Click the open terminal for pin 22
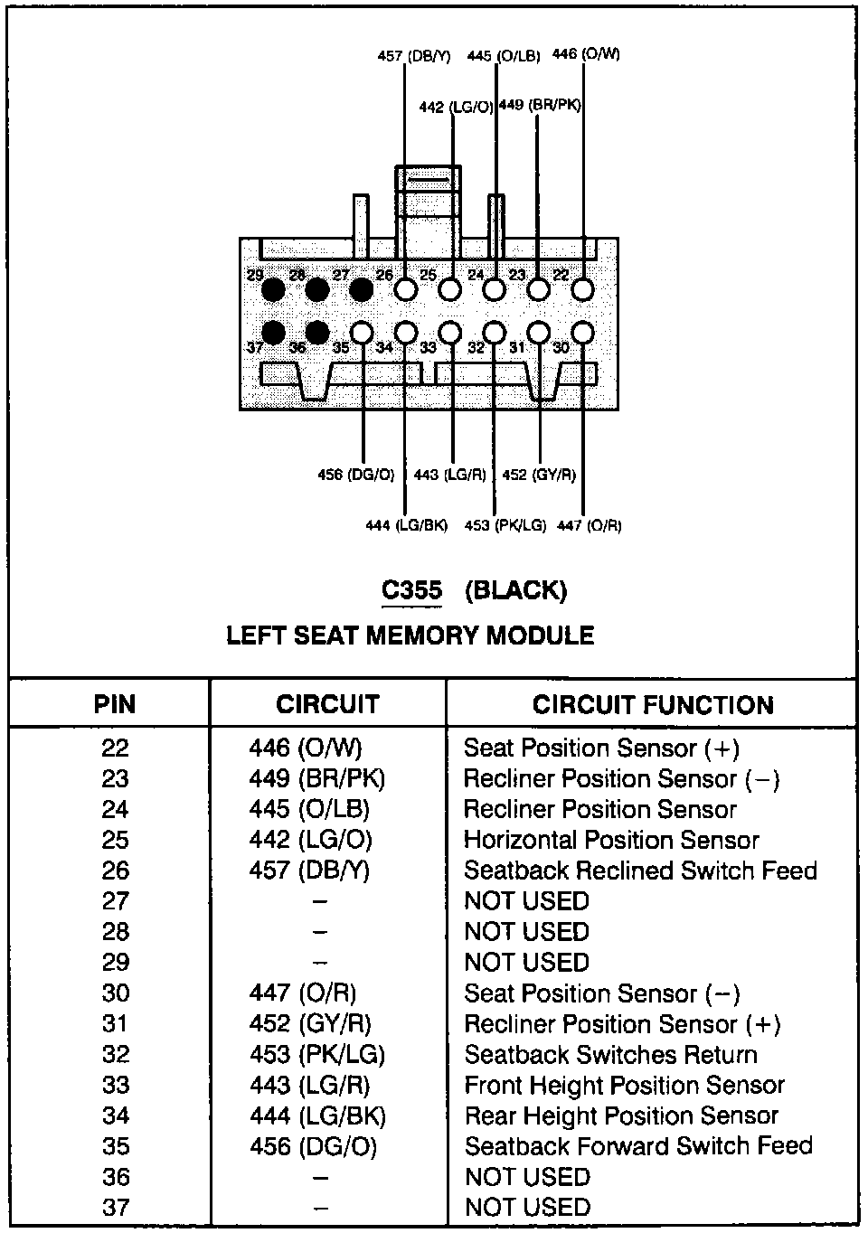(x=583, y=289)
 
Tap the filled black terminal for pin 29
(x=273, y=289)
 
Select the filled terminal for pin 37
(x=273, y=333)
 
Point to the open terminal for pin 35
(x=362, y=333)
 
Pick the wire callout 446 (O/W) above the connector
(x=586, y=54)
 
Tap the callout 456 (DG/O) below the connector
(x=356, y=475)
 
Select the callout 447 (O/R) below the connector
(x=590, y=525)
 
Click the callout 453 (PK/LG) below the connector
(x=505, y=525)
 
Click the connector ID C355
(x=411, y=591)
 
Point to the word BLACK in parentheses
(x=516, y=591)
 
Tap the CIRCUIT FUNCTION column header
(x=653, y=705)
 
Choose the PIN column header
(x=115, y=705)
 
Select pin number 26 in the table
(x=116, y=871)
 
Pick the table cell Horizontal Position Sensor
(x=611, y=840)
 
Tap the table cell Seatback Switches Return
(x=610, y=1055)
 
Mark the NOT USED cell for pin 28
(x=526, y=932)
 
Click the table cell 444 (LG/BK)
(x=317, y=1116)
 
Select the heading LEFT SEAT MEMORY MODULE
(x=410, y=636)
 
